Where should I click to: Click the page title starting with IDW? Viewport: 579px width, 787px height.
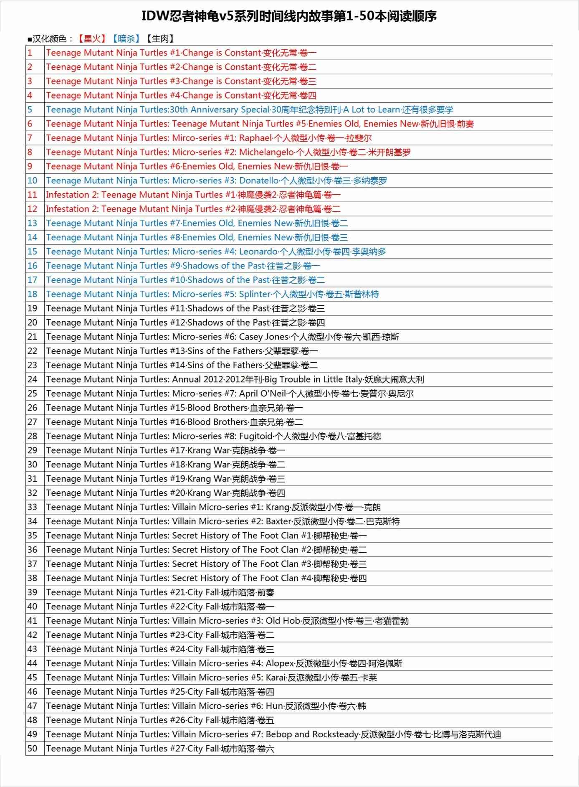(289, 16)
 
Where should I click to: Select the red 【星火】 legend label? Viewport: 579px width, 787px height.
(92, 39)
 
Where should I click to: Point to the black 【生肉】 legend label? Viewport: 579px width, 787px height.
(160, 39)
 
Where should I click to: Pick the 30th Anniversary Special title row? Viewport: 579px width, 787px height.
(249, 110)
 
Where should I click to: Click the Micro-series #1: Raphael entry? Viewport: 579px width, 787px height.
(209, 138)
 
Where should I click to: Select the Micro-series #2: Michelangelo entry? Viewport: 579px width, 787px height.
(228, 152)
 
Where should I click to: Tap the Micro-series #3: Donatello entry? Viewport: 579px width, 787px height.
(216, 181)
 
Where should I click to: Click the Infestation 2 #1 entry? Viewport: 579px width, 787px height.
(193, 195)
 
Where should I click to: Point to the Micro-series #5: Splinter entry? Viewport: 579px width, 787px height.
(212, 294)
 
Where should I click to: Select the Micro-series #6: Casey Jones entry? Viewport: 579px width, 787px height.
(222, 337)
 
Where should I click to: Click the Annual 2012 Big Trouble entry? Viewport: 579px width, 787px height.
(235, 380)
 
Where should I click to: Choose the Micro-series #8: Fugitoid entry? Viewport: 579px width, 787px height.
(213, 437)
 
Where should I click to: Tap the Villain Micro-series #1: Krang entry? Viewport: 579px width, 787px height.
(213, 508)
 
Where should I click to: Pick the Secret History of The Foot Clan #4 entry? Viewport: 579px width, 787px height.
(206, 579)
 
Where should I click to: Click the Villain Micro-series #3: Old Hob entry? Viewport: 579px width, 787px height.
(227, 621)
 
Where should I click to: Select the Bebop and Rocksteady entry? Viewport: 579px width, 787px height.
(273, 735)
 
